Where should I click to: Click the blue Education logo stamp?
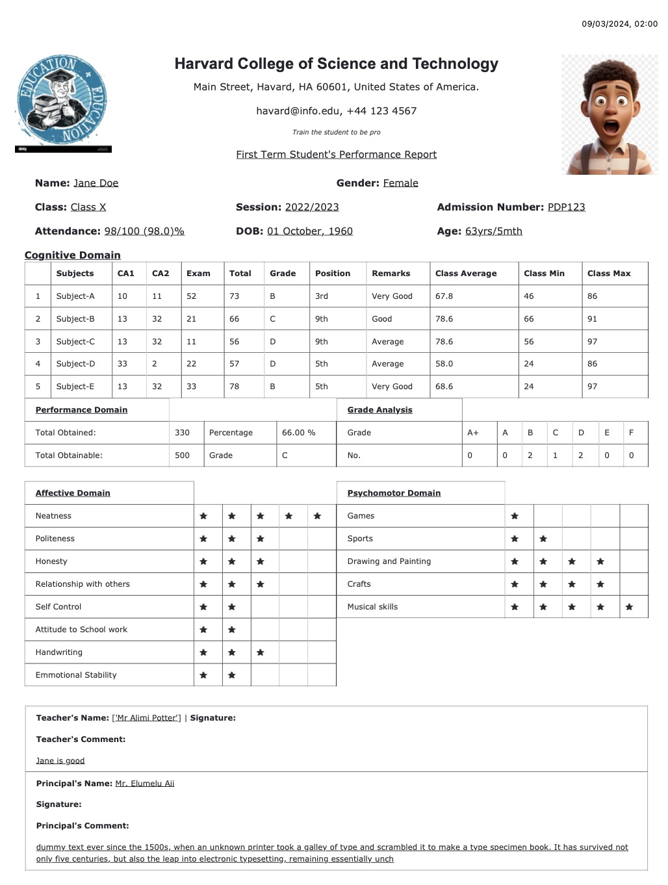pyautogui.click(x=62, y=101)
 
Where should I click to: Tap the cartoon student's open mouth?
pyautogui.click(x=611, y=125)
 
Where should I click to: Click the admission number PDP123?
pyautogui.click(x=566, y=207)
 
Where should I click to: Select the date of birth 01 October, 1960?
pyautogui.click(x=309, y=231)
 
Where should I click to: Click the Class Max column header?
pyautogui.click(x=608, y=274)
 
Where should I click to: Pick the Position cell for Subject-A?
pyautogui.click(x=322, y=296)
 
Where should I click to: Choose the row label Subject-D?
pyautogui.click(x=75, y=364)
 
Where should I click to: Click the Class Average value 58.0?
pyautogui.click(x=444, y=364)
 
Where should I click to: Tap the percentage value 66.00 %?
pyautogui.click(x=298, y=433)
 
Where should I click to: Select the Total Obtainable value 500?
pyautogui.click(x=183, y=455)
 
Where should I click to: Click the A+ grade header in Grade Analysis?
pyautogui.click(x=473, y=433)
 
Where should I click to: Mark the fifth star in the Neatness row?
pyautogui.click(x=317, y=516)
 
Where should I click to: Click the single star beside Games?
pyautogui.click(x=515, y=516)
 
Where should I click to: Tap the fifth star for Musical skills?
pyautogui.click(x=629, y=607)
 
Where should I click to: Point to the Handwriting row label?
pyautogui.click(x=59, y=652)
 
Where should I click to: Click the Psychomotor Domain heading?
pyautogui.click(x=394, y=493)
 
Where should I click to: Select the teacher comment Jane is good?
pyautogui.click(x=60, y=761)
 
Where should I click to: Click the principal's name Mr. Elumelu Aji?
pyautogui.click(x=144, y=784)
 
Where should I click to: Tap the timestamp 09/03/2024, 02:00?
pyautogui.click(x=619, y=24)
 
